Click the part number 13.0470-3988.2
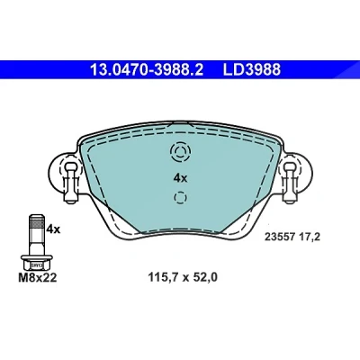click(147, 69)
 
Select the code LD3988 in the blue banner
click(252, 69)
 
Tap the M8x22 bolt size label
click(38, 278)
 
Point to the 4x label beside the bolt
click(53, 229)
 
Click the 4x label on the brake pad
click(180, 178)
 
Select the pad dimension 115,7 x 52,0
click(183, 278)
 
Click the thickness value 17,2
click(310, 238)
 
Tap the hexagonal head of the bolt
click(37, 265)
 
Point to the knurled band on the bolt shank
click(37, 224)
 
